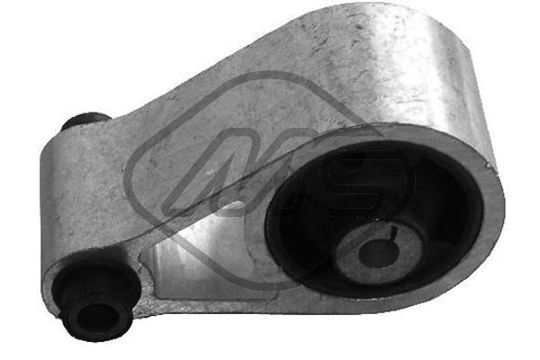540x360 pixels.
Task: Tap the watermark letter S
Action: [x=360, y=180]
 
